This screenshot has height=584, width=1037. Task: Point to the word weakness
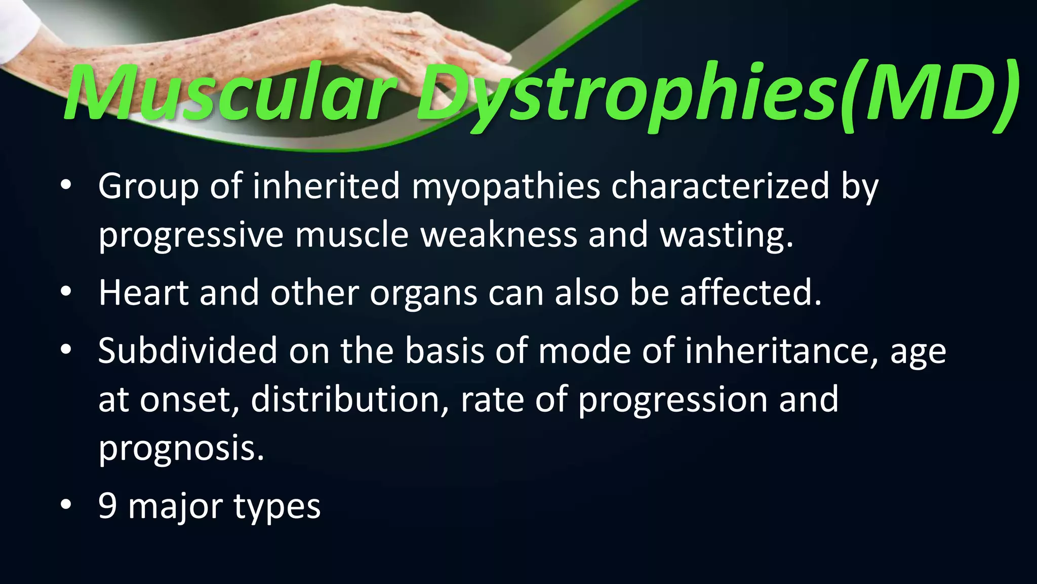(498, 235)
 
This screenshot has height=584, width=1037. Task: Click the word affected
(750, 293)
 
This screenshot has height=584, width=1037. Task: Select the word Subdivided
(187, 350)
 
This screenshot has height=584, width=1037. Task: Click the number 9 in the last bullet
(107, 505)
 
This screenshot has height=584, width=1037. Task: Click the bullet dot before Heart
(65, 293)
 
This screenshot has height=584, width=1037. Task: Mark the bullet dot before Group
(65, 186)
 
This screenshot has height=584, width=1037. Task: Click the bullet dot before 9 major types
(65, 505)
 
